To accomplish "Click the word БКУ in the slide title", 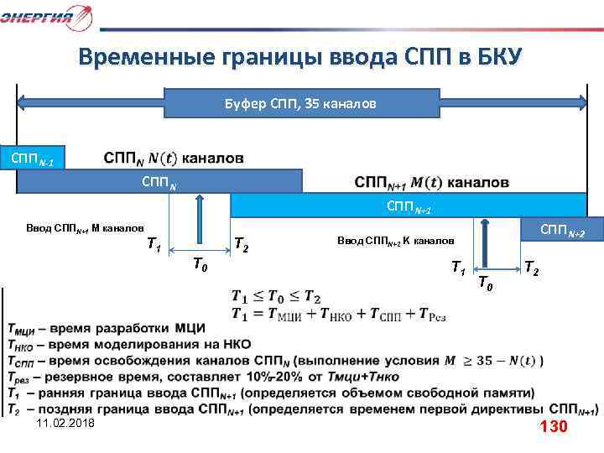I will click(499, 57).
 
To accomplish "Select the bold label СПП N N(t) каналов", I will click(174, 158).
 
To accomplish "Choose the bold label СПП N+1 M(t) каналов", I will click(431, 182).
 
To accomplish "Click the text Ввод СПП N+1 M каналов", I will click(86, 228).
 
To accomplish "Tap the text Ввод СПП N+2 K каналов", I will click(395, 240).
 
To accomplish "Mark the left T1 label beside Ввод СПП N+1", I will click(154, 245).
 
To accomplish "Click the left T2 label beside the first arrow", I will click(239, 245).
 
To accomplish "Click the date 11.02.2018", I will click(66, 425).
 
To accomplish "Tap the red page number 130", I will click(554, 426).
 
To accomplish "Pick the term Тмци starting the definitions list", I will click(24, 329).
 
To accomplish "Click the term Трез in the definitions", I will click(23, 377).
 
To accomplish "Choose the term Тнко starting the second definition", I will click(23, 345).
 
